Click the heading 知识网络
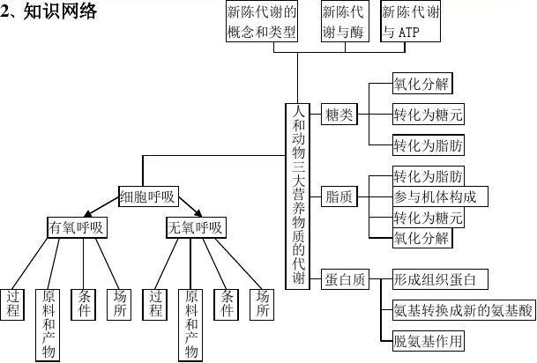pos(60,12)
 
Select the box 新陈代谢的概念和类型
pos(262,21)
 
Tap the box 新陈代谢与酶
pos(345,21)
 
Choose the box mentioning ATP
pos(410,21)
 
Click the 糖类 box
pos(339,115)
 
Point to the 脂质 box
pos(339,196)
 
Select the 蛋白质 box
pos(345,279)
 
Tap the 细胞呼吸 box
pos(148,196)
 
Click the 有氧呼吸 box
pos(77,227)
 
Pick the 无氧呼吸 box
pos(196,227)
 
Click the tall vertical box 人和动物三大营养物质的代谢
pos(298,196)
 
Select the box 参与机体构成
pos(440,196)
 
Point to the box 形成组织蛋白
pos(440,279)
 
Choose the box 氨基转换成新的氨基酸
pos(464,310)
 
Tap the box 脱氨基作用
pos(428,341)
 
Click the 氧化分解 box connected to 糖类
pos(422,83)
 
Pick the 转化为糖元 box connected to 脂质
pos(428,218)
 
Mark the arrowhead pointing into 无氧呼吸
pos(198,213)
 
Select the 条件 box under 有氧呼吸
pos(83,305)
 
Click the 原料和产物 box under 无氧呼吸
pos(190,325)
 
